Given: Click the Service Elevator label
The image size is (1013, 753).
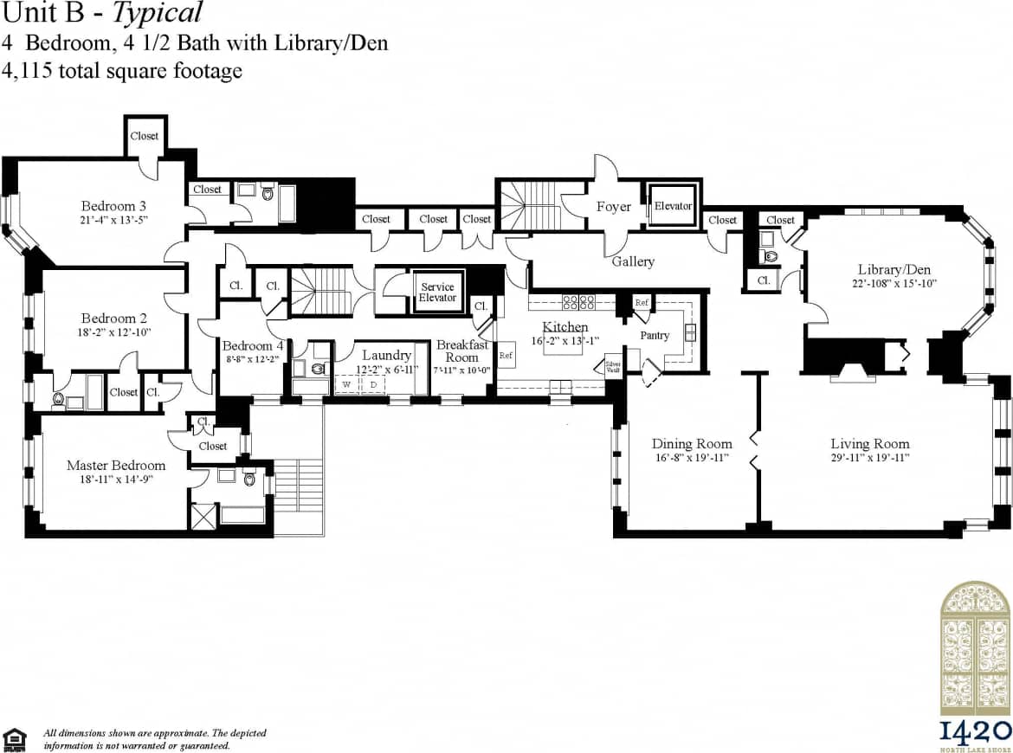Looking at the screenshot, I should tap(438, 293).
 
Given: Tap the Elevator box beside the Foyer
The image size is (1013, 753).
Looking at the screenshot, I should tap(673, 206).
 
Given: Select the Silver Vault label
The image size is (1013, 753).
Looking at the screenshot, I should tap(613, 366).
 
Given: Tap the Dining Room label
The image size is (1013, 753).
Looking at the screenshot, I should tap(692, 444).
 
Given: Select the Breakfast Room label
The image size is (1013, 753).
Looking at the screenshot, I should tap(461, 351).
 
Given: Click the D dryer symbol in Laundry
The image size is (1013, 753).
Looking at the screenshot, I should tap(373, 383).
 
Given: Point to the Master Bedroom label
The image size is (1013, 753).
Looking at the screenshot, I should tap(115, 466).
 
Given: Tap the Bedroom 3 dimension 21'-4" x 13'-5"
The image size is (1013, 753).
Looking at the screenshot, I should tap(113, 221).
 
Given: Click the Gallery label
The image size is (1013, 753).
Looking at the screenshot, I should tap(633, 261).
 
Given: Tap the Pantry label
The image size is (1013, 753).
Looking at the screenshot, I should tap(655, 335).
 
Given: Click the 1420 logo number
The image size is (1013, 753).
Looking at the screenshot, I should tap(975, 729).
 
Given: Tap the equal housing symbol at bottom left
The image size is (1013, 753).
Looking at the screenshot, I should tap(15, 738).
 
